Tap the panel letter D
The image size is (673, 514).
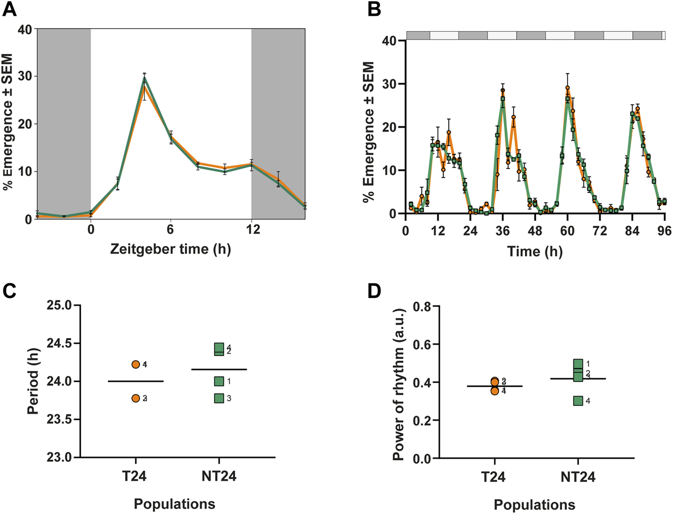tap(374, 291)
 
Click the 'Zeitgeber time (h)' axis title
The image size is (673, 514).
tap(170, 249)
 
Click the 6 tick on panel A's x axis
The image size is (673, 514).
tap(171, 230)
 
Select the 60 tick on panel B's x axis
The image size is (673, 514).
tap(568, 231)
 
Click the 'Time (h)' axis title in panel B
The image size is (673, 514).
tap(535, 252)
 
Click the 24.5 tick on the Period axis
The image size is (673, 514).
tap(59, 343)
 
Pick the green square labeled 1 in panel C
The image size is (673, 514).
tap(219, 381)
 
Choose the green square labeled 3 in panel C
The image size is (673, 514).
tap(219, 398)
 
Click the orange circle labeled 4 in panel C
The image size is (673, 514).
tap(136, 364)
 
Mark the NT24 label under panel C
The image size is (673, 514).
tap(219, 476)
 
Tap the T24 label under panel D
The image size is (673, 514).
tap(494, 477)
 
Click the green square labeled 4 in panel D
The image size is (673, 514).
tap(577, 401)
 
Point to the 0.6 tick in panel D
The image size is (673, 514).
tap(424, 344)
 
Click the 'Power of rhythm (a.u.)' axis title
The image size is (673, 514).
tap(399, 384)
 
